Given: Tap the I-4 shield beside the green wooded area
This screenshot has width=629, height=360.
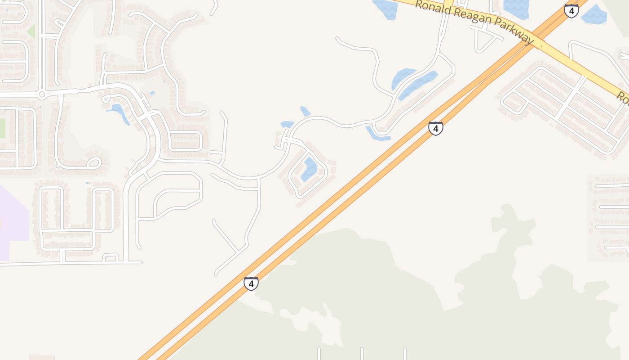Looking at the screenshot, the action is (251, 283).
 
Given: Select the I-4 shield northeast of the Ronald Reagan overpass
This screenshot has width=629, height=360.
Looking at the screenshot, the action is (571, 11).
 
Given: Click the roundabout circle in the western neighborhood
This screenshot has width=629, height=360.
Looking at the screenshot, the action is (42, 94).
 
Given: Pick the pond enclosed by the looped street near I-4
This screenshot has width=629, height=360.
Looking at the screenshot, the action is (309, 169).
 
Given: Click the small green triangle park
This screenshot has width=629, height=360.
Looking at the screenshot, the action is (31, 32).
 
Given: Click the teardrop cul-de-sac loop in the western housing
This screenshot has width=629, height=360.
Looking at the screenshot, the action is (94, 162).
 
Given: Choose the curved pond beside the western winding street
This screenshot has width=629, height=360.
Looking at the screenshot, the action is (119, 112).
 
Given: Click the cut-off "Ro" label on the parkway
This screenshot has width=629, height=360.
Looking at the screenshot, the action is (622, 97).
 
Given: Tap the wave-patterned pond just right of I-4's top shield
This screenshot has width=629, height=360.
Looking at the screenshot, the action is (594, 14).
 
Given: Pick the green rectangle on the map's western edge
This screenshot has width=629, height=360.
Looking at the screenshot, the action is (2, 128).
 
